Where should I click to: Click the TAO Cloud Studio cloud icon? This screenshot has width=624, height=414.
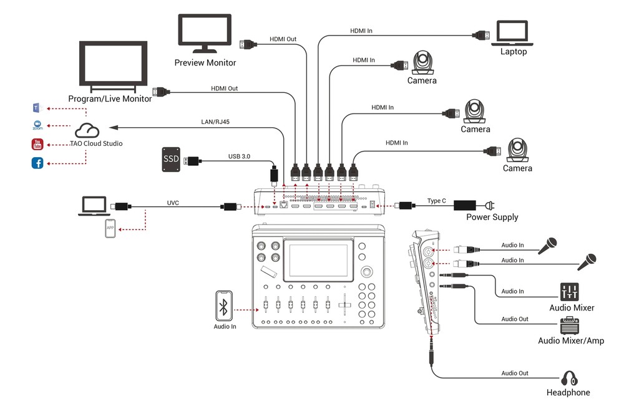tap(87, 130)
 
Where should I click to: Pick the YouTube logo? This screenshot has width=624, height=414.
tap(37, 145)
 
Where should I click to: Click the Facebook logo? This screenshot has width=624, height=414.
tap(37, 163)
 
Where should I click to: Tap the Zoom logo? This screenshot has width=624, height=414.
tap(37, 125)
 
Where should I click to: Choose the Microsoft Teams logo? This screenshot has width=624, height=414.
tap(37, 107)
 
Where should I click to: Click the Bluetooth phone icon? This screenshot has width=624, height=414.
tap(225, 306)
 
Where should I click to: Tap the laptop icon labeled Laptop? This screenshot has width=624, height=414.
tap(512, 34)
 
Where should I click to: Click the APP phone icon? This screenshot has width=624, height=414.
tap(110, 229)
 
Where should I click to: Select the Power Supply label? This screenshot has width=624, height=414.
tap(492, 217)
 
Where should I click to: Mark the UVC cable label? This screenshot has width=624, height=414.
tap(173, 203)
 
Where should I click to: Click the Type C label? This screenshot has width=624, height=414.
tap(436, 201)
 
